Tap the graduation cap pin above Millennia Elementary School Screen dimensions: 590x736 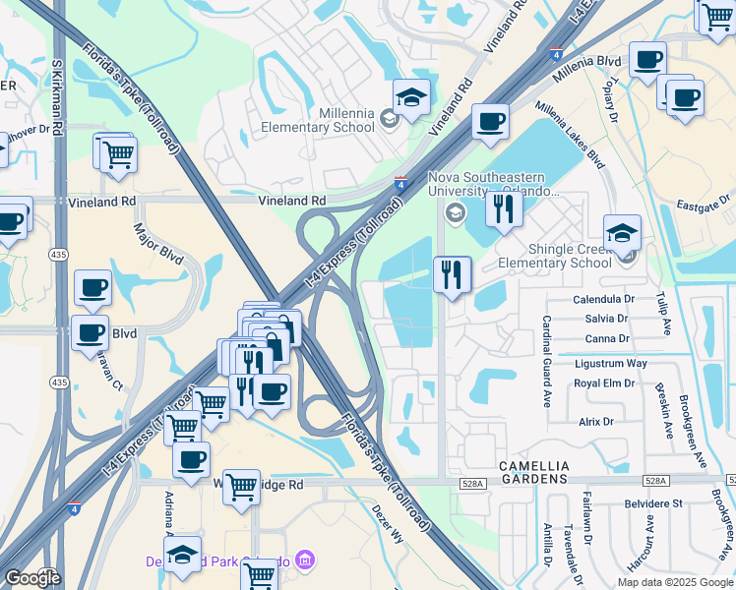(412, 97)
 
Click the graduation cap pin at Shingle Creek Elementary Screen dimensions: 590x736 (622, 233)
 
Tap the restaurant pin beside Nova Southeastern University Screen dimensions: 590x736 (504, 208)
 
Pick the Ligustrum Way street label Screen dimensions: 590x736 (610, 363)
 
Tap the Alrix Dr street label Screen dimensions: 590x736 (595, 422)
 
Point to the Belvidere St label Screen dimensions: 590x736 (656, 503)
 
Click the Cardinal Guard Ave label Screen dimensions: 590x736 (546, 362)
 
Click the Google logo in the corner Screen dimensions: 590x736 (31, 578)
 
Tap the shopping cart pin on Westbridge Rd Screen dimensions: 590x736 (241, 486)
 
